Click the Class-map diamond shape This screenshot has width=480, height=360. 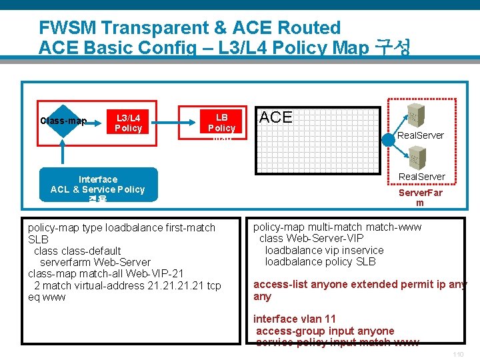pyautogui.click(x=63, y=121)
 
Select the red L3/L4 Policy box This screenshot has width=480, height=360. pyautogui.click(x=128, y=123)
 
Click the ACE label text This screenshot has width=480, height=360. pyautogui.click(x=275, y=117)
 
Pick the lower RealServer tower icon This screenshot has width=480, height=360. pyautogui.click(x=414, y=159)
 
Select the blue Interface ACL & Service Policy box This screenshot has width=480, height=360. pyautogui.click(x=98, y=185)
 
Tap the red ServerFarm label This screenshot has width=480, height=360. pyautogui.click(x=420, y=197)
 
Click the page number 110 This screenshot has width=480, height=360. pyautogui.click(x=457, y=354)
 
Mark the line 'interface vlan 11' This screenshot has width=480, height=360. pyautogui.click(x=294, y=319)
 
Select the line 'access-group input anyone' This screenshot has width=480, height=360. pyautogui.click(x=325, y=331)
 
